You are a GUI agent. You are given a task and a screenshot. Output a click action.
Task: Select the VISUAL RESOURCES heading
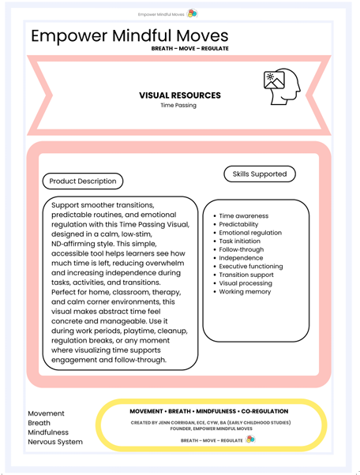(x=179, y=95)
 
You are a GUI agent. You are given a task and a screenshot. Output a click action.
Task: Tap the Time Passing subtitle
(x=179, y=105)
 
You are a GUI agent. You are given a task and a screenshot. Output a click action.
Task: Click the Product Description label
(x=83, y=181)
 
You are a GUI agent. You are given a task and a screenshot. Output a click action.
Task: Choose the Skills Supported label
(x=260, y=174)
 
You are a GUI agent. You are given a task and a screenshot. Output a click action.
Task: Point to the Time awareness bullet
(x=243, y=216)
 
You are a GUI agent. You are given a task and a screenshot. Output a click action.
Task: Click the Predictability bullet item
(x=242, y=225)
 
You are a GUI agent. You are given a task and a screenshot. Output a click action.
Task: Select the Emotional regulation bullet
(x=249, y=234)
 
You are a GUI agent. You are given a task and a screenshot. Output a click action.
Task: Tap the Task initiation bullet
(x=242, y=241)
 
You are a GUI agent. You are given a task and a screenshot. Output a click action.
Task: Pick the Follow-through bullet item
(x=241, y=250)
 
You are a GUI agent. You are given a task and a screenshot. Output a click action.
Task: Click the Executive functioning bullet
(x=250, y=267)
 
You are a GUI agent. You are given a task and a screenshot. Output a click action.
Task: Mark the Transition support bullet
(x=247, y=275)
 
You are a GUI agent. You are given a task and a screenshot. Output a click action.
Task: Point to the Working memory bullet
(x=245, y=292)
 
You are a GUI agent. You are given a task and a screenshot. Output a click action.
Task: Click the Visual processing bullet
(x=246, y=284)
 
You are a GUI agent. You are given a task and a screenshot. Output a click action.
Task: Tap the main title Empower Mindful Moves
(x=129, y=36)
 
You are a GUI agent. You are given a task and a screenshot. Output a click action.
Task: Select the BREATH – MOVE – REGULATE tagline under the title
(x=189, y=48)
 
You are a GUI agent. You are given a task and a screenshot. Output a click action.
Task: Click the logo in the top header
(x=193, y=13)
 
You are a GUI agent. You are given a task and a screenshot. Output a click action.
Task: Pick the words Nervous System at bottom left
(x=54, y=442)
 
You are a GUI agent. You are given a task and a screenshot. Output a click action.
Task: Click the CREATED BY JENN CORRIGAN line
(x=210, y=423)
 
